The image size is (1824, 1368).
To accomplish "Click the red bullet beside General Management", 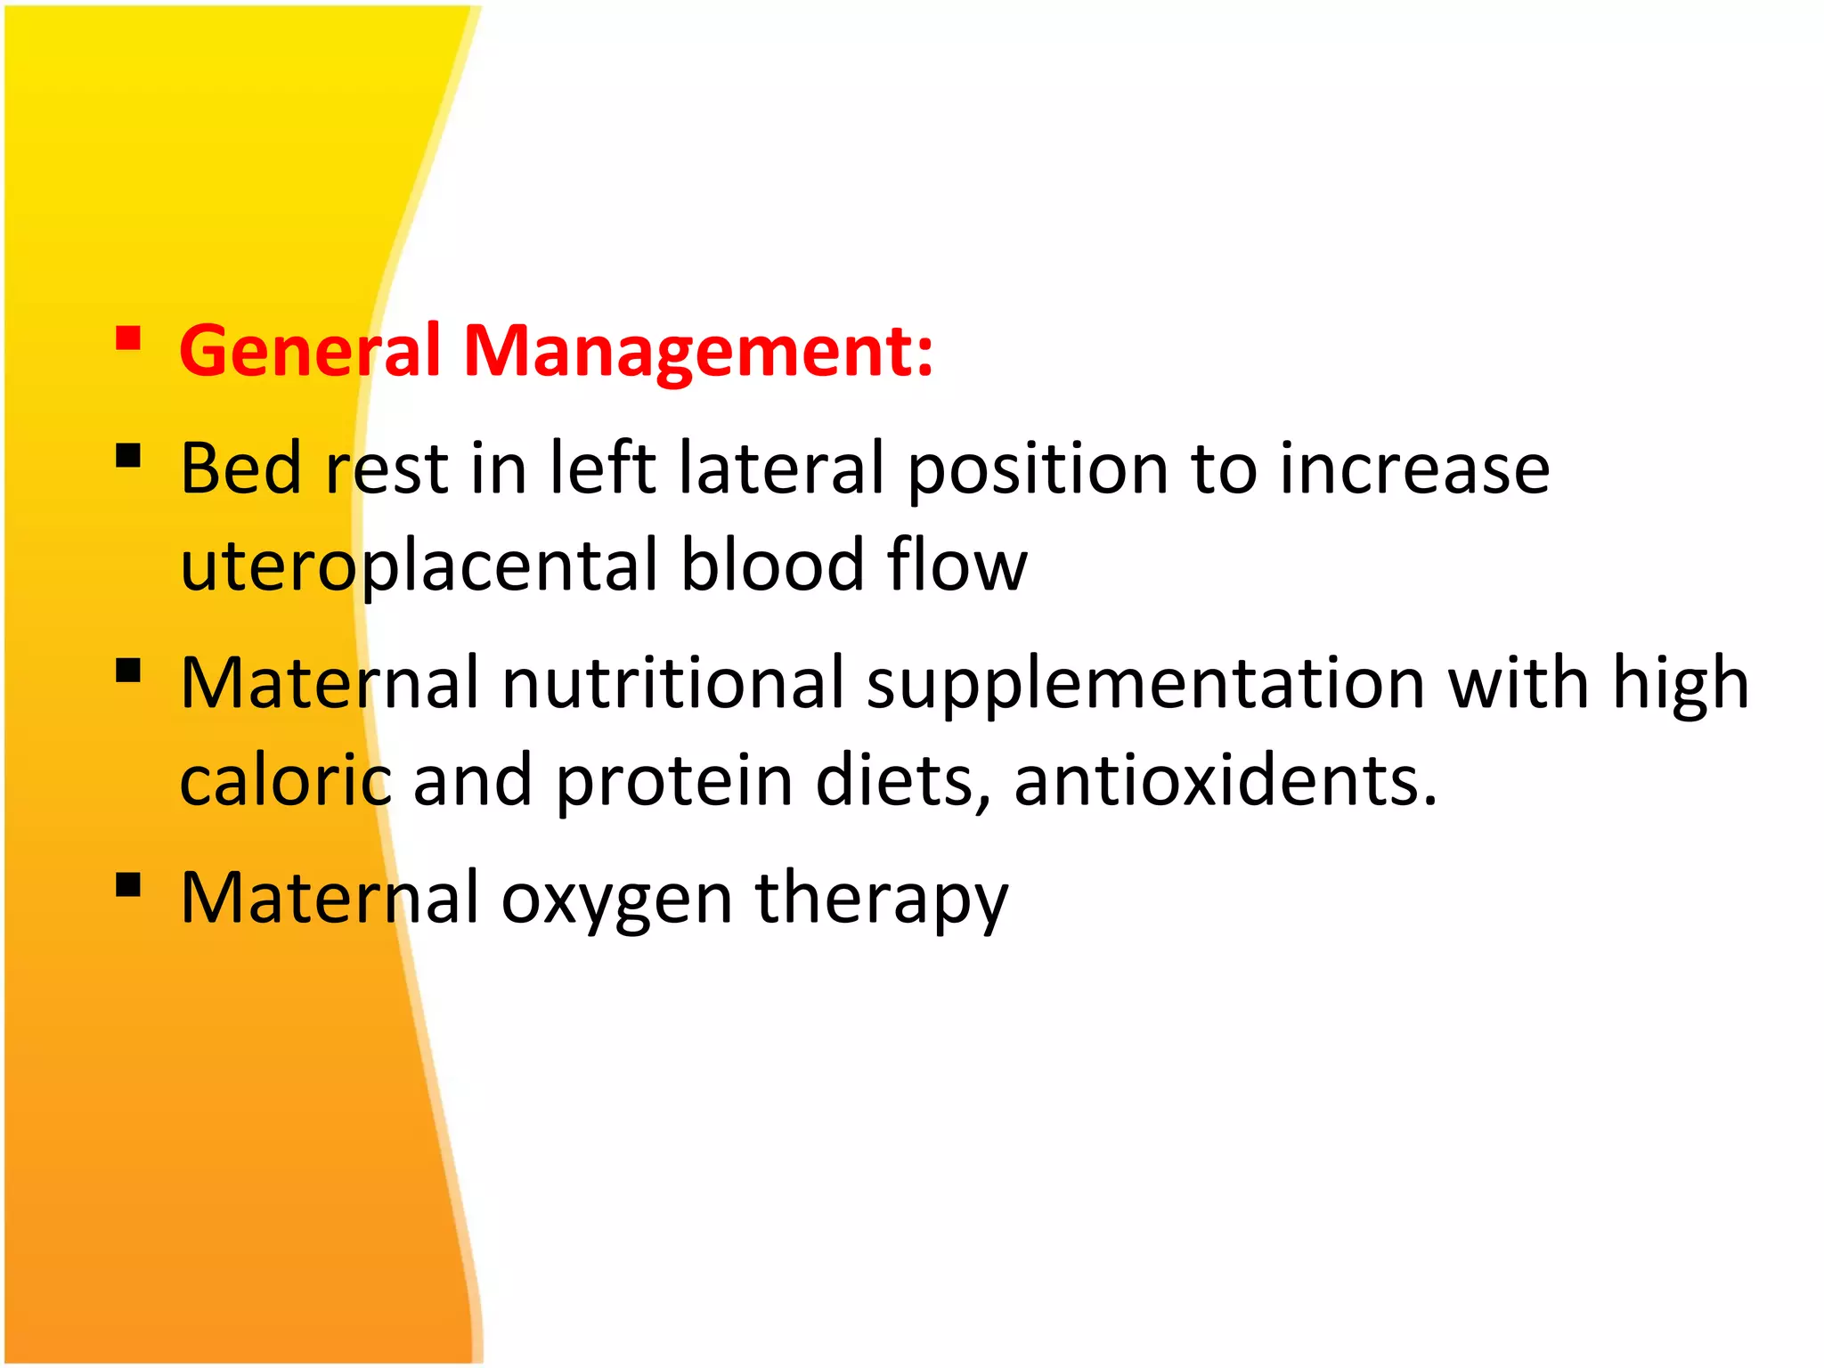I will (128, 339).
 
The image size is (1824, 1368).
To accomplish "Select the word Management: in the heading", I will (698, 351).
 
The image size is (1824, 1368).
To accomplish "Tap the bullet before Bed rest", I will (128, 456).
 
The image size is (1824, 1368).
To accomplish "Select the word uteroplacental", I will (419, 566).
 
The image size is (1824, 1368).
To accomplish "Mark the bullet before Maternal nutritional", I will (128, 670).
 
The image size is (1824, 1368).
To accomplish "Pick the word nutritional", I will (672, 683).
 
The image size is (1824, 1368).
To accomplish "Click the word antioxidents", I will (1225, 780).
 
